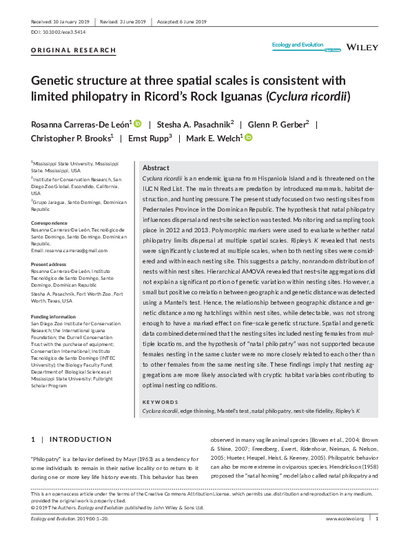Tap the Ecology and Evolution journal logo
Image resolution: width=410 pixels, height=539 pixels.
pos(297,46)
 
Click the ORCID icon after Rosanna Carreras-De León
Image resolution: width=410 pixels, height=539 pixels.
pos(138,123)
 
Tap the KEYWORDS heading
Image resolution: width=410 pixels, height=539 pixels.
pos(161,400)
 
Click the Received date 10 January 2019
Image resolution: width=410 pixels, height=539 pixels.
pos(61,22)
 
